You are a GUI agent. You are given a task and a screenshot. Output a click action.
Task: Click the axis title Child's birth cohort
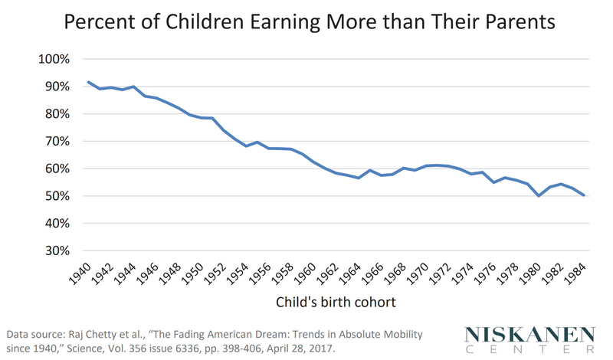click(336, 303)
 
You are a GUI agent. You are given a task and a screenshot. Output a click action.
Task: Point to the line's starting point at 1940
click(90, 82)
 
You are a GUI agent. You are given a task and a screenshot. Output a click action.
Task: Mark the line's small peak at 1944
click(133, 87)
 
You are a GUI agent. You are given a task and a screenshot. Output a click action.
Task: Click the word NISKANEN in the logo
click(529, 335)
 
